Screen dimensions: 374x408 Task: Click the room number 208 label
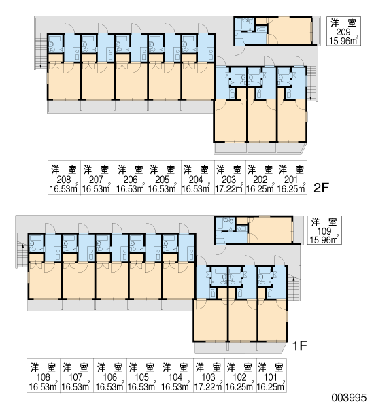pos(64,180)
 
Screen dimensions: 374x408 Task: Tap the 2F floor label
pos(322,188)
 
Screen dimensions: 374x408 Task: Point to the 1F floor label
pos(300,346)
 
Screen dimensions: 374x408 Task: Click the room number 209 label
pos(343,32)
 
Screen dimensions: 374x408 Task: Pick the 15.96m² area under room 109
pos(324,239)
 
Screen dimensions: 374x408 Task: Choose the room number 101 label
pos(271,377)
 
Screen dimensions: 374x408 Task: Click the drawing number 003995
pos(349,398)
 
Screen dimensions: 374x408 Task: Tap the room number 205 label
pos(162,180)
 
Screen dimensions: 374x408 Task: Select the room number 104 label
pos(175,377)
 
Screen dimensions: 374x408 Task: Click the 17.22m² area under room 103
pos(209,387)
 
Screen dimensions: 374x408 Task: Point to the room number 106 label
pos(110,377)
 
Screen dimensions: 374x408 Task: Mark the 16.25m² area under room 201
pos(292,188)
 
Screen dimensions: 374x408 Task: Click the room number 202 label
pos(260,180)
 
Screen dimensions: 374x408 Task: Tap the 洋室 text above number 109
pos(324,222)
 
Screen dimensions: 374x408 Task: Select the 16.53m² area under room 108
pos(44,387)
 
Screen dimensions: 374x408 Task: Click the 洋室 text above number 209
pos(343,23)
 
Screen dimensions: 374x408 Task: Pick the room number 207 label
pos(96,180)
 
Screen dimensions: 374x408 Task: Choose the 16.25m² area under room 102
pos(239,387)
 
